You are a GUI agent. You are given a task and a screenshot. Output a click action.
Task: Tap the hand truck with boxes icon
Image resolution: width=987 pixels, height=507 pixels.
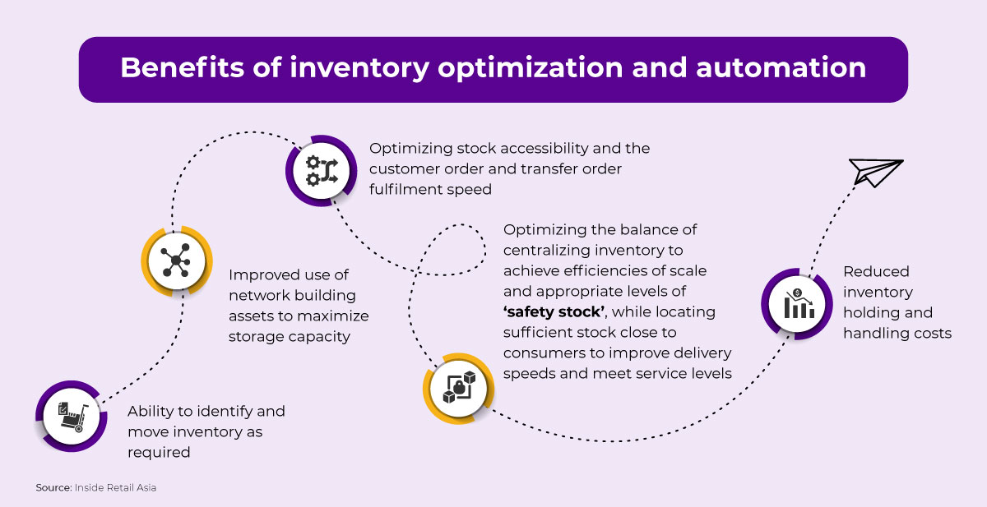pos(72,417)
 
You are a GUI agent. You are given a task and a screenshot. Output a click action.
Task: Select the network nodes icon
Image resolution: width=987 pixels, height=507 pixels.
pos(176,260)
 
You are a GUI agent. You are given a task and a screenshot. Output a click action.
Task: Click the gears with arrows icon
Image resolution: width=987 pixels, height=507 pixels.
pos(322,171)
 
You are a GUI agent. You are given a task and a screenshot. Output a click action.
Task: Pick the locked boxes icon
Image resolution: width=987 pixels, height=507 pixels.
pos(459,387)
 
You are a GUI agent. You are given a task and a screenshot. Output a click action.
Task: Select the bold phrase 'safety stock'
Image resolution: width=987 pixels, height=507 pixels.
pos(554,311)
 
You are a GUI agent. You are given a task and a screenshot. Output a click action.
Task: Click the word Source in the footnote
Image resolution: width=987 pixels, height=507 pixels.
pos(53,487)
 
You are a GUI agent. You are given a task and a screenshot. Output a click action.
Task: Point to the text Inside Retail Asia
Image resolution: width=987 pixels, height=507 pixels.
pos(115,487)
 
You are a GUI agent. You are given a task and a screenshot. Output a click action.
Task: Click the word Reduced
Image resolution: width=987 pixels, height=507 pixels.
pos(876,271)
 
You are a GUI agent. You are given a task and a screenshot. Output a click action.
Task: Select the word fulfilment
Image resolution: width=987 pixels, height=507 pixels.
pos(405,189)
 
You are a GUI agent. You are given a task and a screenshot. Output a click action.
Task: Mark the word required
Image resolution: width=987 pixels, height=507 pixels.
pos(159,453)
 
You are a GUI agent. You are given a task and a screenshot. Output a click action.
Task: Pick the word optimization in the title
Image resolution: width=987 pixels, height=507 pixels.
pos(530,68)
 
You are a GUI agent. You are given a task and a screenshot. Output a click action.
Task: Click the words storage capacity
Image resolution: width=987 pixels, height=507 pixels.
pos(289,337)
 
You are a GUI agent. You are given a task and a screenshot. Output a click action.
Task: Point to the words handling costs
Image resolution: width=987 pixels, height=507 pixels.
pos(897,333)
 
